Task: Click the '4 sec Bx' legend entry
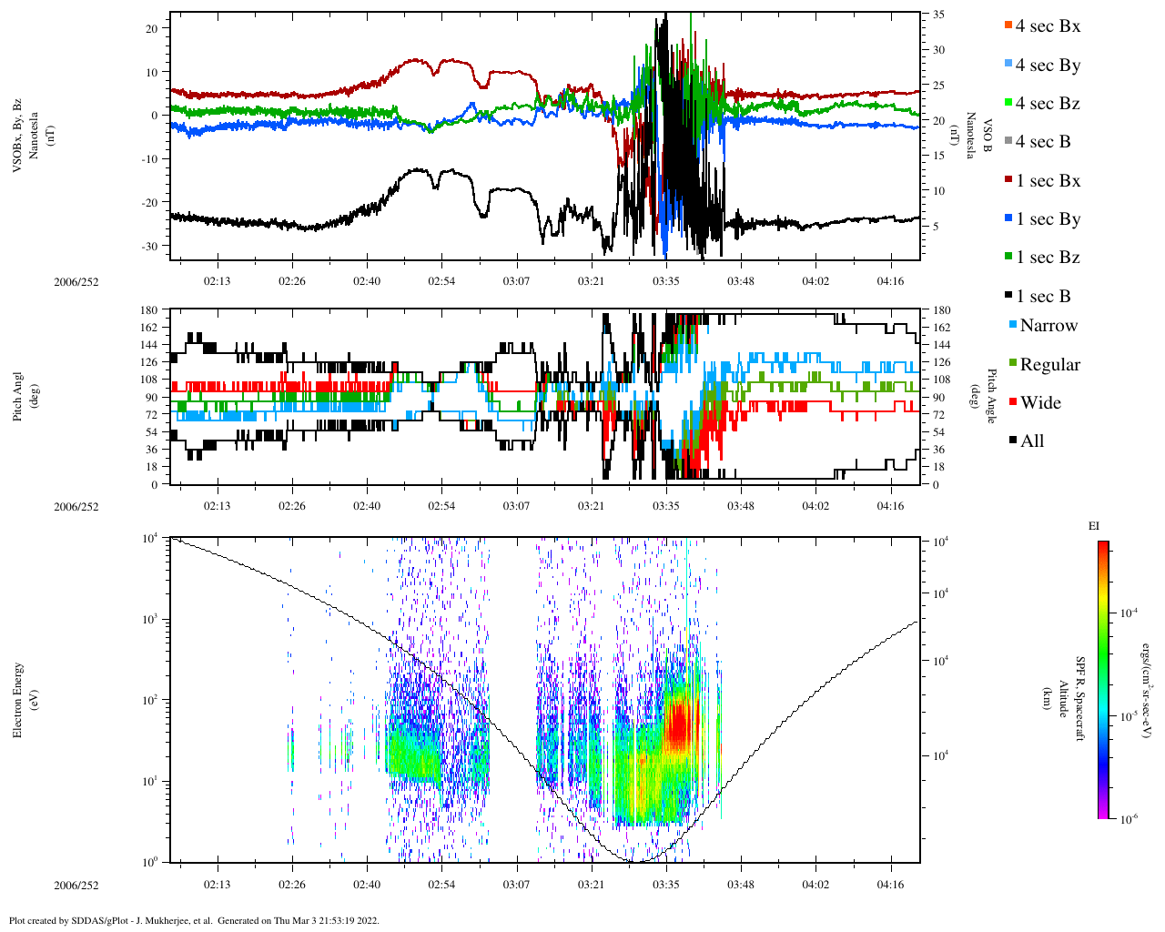tap(1047, 26)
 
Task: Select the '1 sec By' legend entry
tap(1047, 219)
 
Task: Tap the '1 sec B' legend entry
tap(1043, 297)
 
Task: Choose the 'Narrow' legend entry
tap(1048, 326)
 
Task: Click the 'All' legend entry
tap(1031, 441)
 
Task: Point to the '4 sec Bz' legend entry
tap(1047, 104)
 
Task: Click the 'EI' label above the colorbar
tap(1094, 526)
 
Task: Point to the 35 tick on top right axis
tap(938, 15)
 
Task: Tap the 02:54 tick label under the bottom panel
tap(441, 885)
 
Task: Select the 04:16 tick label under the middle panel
tap(890, 506)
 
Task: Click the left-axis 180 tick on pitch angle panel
tap(148, 310)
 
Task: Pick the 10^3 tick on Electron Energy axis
tap(150, 619)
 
